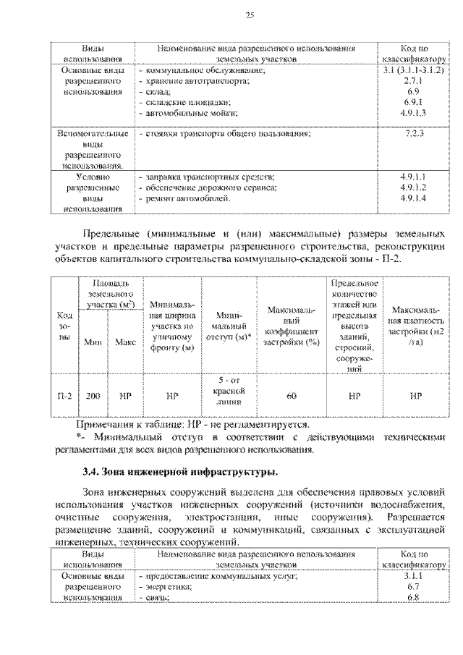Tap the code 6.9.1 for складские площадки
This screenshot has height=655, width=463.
(x=413, y=103)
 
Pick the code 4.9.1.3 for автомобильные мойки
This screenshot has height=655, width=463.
(x=413, y=114)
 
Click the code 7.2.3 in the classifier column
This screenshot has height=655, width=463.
(x=413, y=135)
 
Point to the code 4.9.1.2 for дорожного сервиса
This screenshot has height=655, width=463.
(x=413, y=187)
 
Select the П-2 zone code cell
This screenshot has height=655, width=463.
(x=64, y=396)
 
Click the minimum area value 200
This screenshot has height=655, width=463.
(x=92, y=396)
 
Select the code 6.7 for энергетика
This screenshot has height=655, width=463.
(x=413, y=587)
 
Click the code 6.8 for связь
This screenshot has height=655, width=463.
(x=413, y=598)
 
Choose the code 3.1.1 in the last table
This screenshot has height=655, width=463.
(x=413, y=577)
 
